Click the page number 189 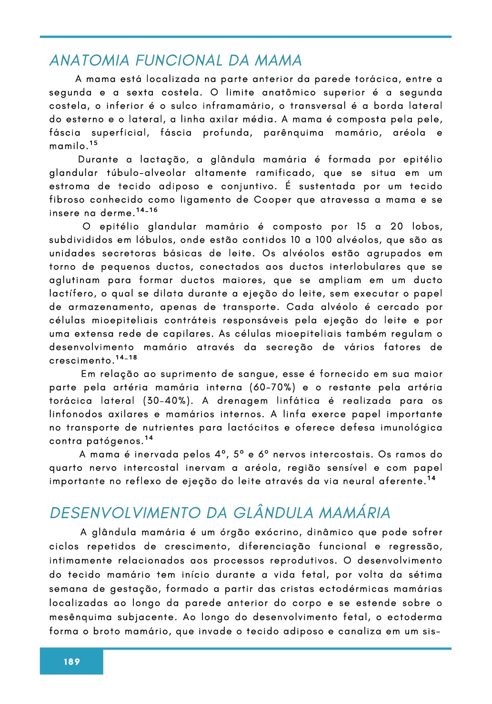pyautogui.click(x=71, y=662)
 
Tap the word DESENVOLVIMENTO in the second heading pyautogui.click(x=125, y=513)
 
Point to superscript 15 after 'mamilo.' pyautogui.click(x=93, y=143)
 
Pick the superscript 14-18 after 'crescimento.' pyautogui.click(x=126, y=357)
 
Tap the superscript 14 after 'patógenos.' pyautogui.click(x=149, y=438)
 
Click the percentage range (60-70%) pyautogui.click(x=272, y=388)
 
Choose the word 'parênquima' pyautogui.click(x=293, y=133)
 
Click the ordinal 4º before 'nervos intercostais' pyautogui.click(x=219, y=454)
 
